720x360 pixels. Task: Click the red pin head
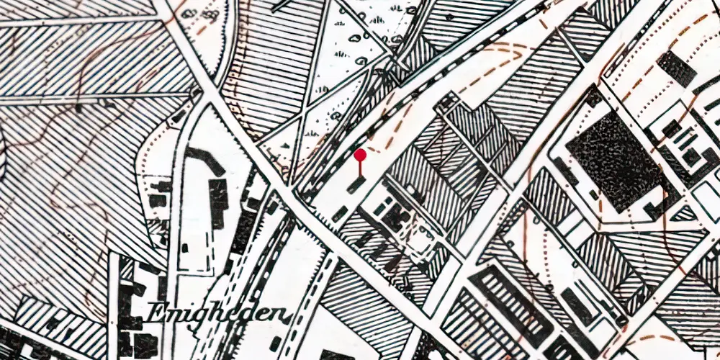tap(360, 155)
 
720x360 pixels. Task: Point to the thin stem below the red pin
tap(360, 168)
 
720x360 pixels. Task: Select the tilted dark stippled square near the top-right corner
tap(677, 69)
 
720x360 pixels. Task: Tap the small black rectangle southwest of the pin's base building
tap(341, 213)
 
